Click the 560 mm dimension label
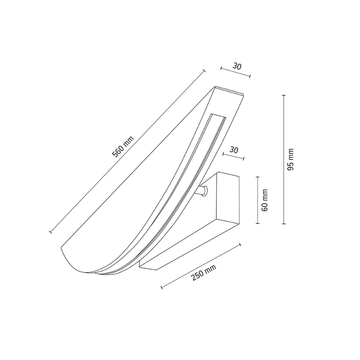[123, 147]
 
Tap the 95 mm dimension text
[291, 159]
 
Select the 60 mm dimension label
[265, 200]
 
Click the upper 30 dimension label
[237, 66]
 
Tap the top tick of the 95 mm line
[284, 95]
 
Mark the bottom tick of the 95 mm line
[284, 223]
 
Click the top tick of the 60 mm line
[258, 177]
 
